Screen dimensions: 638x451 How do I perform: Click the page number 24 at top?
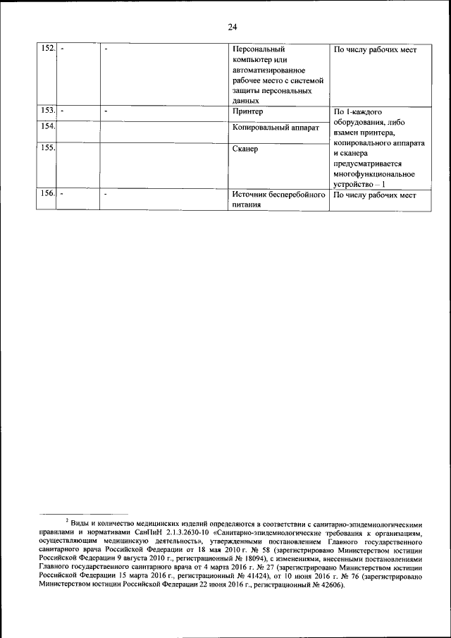click(x=233, y=27)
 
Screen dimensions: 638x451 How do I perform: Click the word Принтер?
click(x=247, y=111)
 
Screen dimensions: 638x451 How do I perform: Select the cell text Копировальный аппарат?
click(x=276, y=128)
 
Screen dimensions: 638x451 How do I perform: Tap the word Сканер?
click(x=245, y=150)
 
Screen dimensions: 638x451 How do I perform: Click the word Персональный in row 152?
click(x=258, y=51)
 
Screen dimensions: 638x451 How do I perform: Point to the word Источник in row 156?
click(x=250, y=195)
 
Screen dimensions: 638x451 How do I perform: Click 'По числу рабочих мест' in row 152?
click(x=375, y=51)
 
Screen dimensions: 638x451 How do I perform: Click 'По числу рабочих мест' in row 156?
click(x=375, y=195)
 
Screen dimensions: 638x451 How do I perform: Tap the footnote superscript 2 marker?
click(x=67, y=520)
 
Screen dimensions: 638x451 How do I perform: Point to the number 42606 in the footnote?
click(x=327, y=584)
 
